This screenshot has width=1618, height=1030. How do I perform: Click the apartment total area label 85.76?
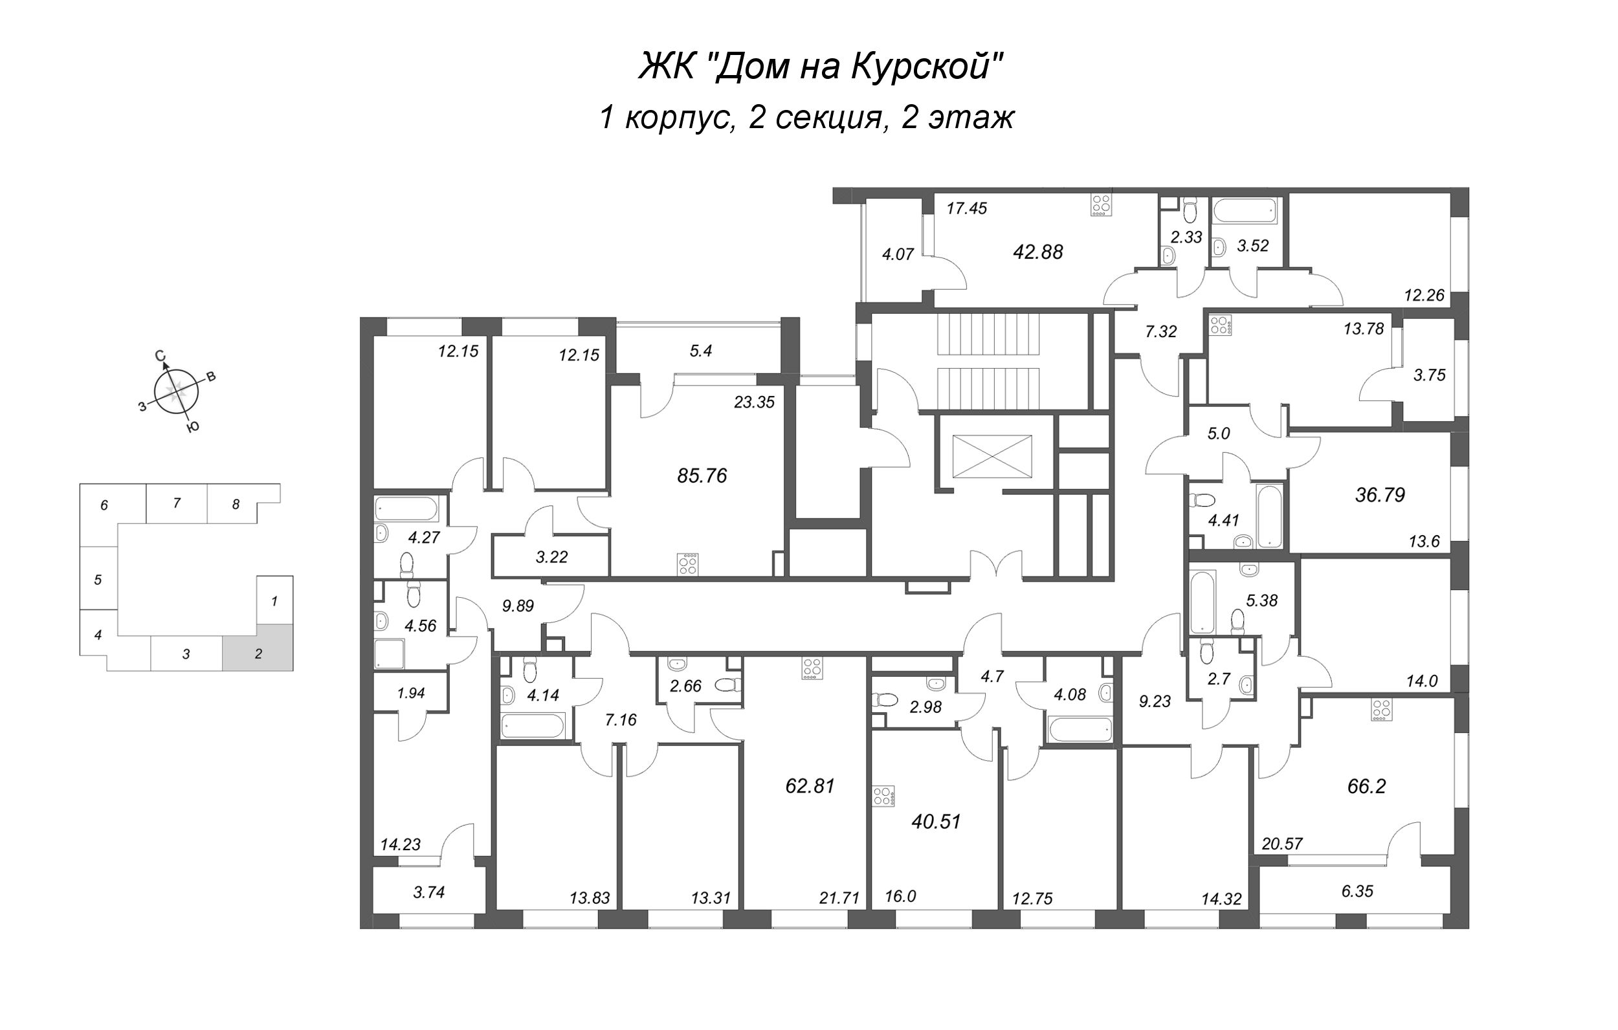[x=702, y=476]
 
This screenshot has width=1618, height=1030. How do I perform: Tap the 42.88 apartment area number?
[x=1038, y=252]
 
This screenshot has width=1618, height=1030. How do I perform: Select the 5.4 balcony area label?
[x=701, y=351]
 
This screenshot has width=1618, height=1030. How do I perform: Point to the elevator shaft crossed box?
[x=992, y=456]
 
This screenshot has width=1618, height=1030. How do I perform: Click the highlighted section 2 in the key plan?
[x=258, y=647]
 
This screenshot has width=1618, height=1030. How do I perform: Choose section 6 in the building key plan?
[x=104, y=505]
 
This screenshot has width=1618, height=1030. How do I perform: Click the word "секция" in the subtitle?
[x=828, y=118]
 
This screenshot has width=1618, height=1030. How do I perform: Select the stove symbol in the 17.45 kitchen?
[x=1100, y=205]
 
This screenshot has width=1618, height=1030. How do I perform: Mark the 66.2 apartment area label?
[x=1367, y=786]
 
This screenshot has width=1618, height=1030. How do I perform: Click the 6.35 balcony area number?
[x=1357, y=892]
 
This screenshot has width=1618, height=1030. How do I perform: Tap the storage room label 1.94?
[x=411, y=693]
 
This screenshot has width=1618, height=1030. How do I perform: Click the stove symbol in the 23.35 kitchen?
[x=688, y=564]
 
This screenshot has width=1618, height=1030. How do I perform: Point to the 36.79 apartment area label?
[x=1380, y=495]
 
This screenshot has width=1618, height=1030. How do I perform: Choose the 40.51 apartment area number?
[x=936, y=822]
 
